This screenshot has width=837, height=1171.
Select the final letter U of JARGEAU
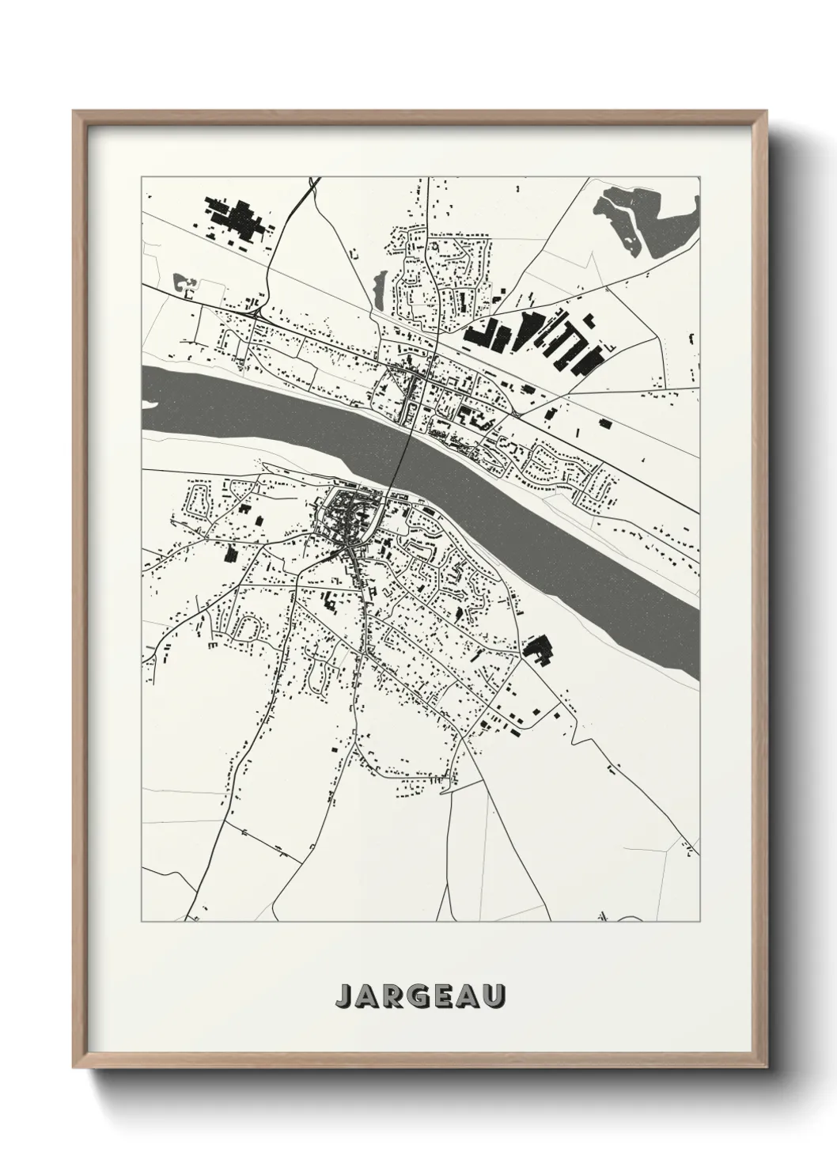point(494,996)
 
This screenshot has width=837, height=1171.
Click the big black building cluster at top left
point(237,218)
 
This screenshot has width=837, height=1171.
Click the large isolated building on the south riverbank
point(537,648)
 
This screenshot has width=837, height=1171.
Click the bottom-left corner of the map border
point(142,921)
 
